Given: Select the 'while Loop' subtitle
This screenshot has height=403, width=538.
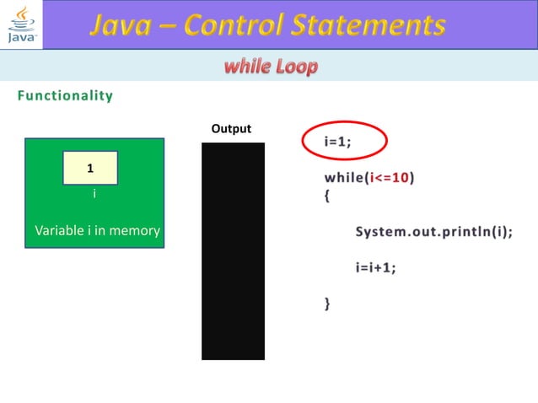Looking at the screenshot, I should [x=271, y=67].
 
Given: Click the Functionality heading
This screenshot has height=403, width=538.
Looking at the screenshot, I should [x=65, y=95].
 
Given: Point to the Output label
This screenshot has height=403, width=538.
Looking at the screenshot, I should [x=231, y=129].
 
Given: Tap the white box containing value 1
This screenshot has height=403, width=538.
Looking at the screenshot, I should [x=90, y=169].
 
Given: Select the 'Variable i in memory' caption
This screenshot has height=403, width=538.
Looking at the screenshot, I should [x=97, y=230].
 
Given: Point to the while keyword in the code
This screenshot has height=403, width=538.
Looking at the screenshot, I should [x=344, y=178].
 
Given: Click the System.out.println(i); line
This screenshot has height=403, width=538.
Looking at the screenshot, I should [x=433, y=232].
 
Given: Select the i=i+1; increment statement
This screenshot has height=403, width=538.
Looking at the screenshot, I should [x=375, y=267].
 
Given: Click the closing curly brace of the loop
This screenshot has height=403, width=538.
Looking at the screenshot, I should [x=328, y=303].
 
